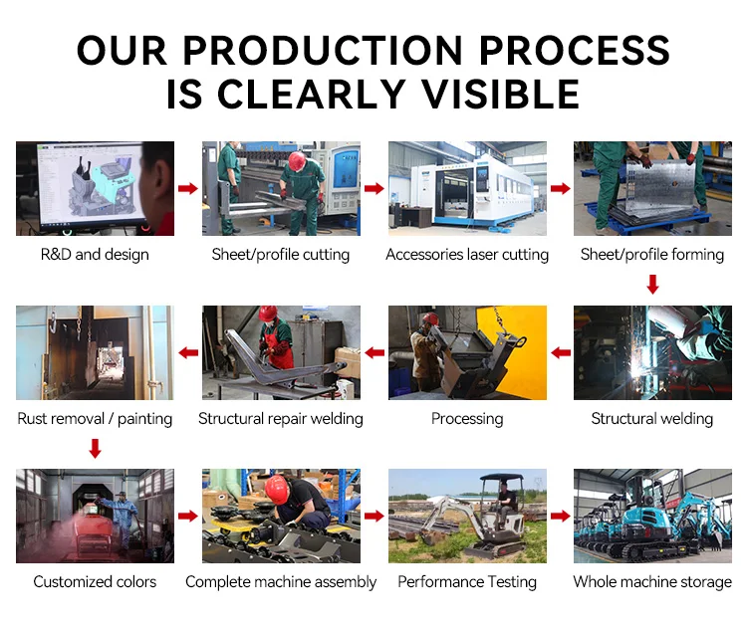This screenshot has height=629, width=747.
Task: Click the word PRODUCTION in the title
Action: (323, 50)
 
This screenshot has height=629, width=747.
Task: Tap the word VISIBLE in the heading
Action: (501, 94)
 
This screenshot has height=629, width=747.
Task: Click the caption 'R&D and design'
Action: (95, 254)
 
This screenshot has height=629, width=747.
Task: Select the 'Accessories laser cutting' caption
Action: (467, 255)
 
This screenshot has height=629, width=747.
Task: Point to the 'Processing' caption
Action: (467, 419)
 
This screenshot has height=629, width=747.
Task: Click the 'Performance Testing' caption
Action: (467, 582)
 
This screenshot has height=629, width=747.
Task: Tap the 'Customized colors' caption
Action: (95, 581)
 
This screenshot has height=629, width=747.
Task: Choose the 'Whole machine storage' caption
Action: (652, 582)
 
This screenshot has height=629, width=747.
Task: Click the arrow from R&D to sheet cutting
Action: (188, 188)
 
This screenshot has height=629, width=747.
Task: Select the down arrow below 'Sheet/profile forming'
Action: (652, 285)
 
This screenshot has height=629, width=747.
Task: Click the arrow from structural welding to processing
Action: (561, 353)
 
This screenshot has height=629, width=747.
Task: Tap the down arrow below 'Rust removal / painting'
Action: (96, 449)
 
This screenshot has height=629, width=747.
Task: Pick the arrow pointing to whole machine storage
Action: (561, 516)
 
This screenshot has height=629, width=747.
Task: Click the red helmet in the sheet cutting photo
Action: (297, 161)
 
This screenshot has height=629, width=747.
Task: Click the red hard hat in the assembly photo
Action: (277, 489)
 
